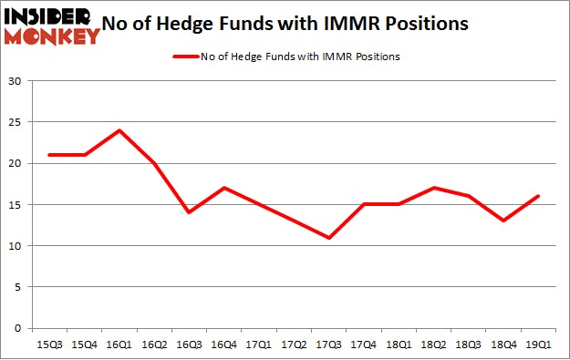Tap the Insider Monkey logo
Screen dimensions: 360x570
click(52, 26)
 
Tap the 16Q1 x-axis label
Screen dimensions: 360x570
click(119, 345)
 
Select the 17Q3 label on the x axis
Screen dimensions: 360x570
click(328, 345)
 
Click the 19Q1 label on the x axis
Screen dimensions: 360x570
click(538, 345)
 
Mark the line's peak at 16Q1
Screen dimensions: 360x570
click(119, 130)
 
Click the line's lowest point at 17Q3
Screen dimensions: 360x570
click(328, 238)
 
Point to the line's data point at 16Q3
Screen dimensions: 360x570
click(189, 212)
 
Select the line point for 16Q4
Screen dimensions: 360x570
click(223, 188)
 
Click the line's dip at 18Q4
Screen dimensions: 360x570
click(503, 221)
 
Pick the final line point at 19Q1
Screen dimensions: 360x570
click(538, 196)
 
